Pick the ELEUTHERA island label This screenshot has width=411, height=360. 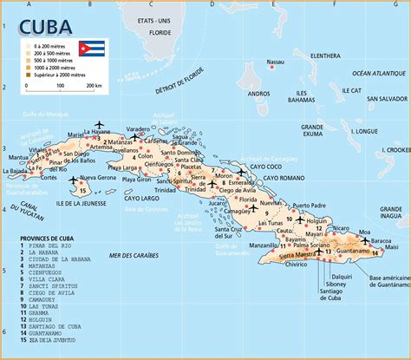325,56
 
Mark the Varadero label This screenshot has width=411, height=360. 138,129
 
